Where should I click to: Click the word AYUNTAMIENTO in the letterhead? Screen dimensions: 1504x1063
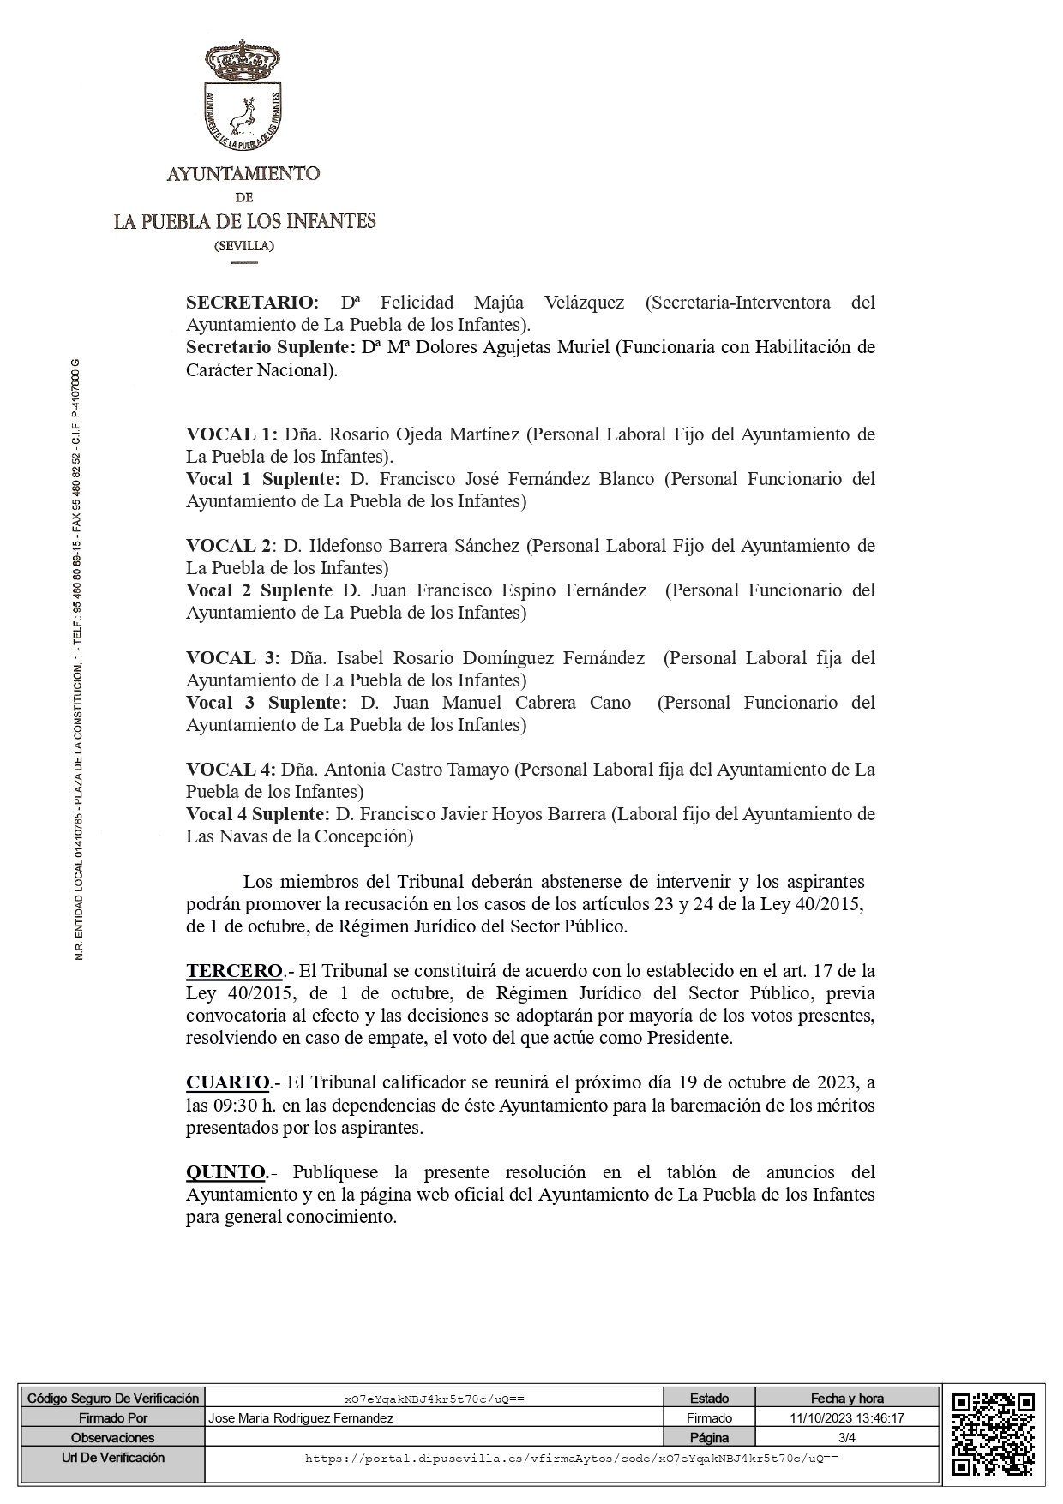pyautogui.click(x=243, y=174)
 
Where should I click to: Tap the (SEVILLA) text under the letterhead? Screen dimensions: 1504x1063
pyautogui.click(x=244, y=246)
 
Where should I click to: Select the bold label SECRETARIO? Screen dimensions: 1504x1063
pyautogui.click(x=252, y=303)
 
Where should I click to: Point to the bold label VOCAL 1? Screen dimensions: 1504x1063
pyautogui.click(x=231, y=434)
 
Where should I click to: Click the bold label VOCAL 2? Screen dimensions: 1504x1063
pyautogui.click(x=228, y=546)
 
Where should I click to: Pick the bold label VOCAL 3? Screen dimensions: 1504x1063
pyautogui.click(x=233, y=658)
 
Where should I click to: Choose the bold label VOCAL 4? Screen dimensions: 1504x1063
pyautogui.click(x=231, y=770)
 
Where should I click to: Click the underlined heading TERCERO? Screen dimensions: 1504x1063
pyautogui.click(x=234, y=971)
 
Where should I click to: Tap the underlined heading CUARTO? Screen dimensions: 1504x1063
pyautogui.click(x=228, y=1082)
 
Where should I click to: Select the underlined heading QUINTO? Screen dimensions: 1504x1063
pyautogui.click(x=226, y=1171)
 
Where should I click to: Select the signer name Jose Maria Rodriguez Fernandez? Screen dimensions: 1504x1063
pyautogui.click(x=301, y=1418)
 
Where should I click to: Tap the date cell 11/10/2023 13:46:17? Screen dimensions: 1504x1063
pyautogui.click(x=847, y=1418)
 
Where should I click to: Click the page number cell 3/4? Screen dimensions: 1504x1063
pyautogui.click(x=847, y=1437)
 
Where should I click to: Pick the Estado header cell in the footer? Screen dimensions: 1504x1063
pyautogui.click(x=709, y=1399)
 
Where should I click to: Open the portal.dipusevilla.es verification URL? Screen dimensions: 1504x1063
pyautogui.click(x=571, y=1458)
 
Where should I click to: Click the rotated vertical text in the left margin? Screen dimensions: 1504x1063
pyautogui.click(x=79, y=660)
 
